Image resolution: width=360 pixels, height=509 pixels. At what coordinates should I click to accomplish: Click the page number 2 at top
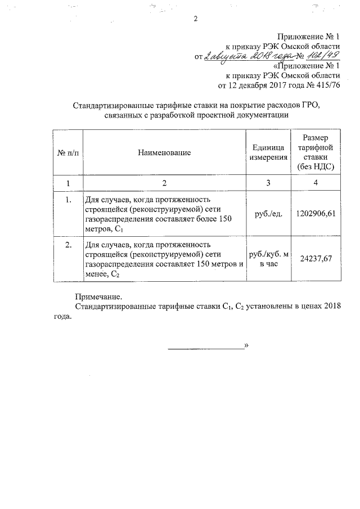pyautogui.click(x=195, y=19)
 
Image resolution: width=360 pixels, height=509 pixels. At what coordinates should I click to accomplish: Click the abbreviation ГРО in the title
pyautogui.click(x=318, y=106)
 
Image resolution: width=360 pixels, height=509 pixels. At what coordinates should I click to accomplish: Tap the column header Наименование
pyautogui.click(x=164, y=152)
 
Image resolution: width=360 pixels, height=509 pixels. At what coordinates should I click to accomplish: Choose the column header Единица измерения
pyautogui.click(x=268, y=152)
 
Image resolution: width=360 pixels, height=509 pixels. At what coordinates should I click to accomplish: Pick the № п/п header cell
pyautogui.click(x=67, y=152)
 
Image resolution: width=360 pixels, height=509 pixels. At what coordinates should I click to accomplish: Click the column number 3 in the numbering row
pyautogui.click(x=268, y=183)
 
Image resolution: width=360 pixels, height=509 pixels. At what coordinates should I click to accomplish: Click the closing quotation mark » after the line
pyautogui.click(x=246, y=346)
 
